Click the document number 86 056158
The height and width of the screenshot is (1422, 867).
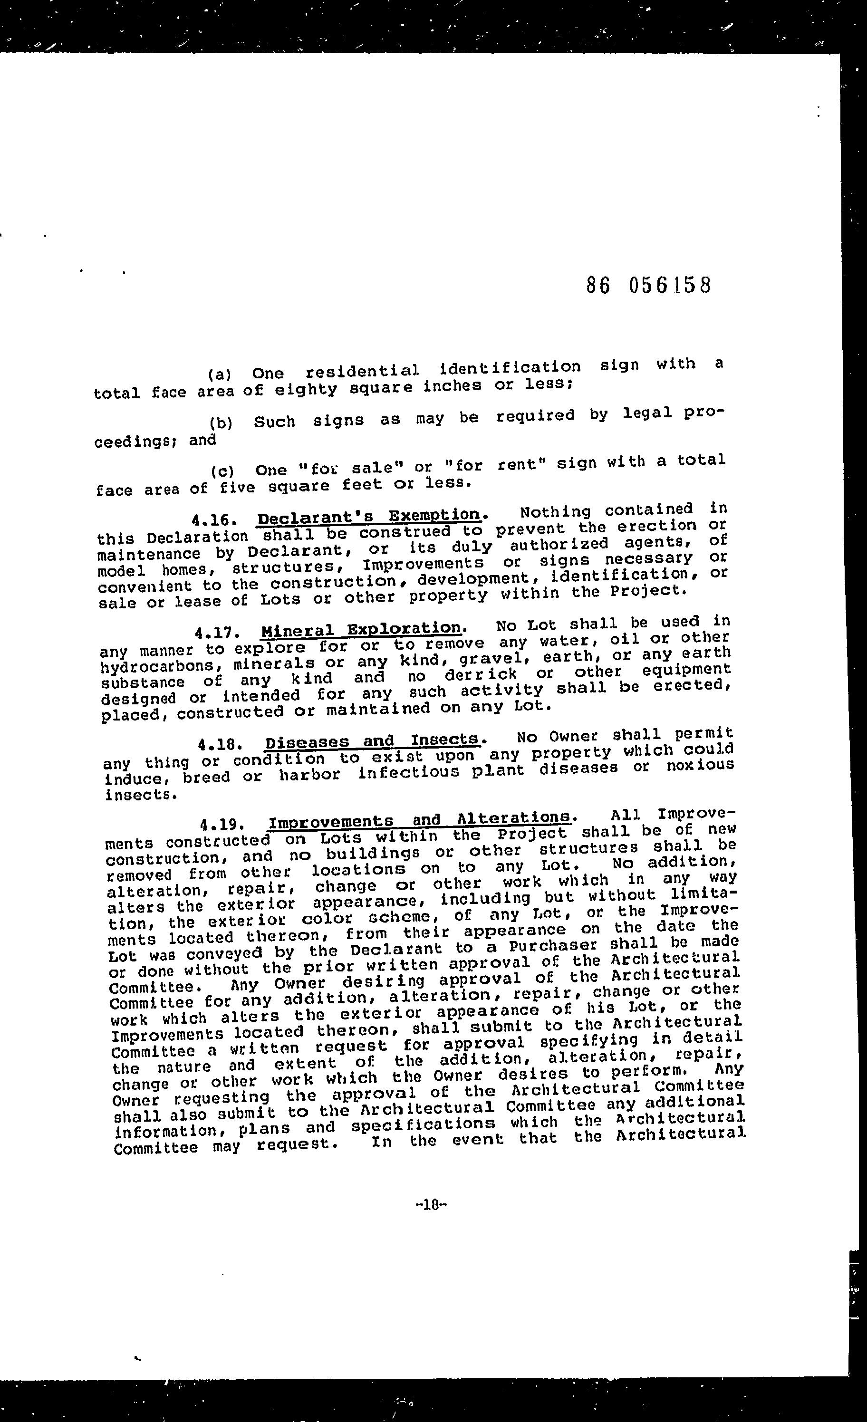648,285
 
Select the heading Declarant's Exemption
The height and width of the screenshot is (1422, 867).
369,515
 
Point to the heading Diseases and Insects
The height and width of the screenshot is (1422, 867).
372,740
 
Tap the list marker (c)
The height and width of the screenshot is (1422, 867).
222,471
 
